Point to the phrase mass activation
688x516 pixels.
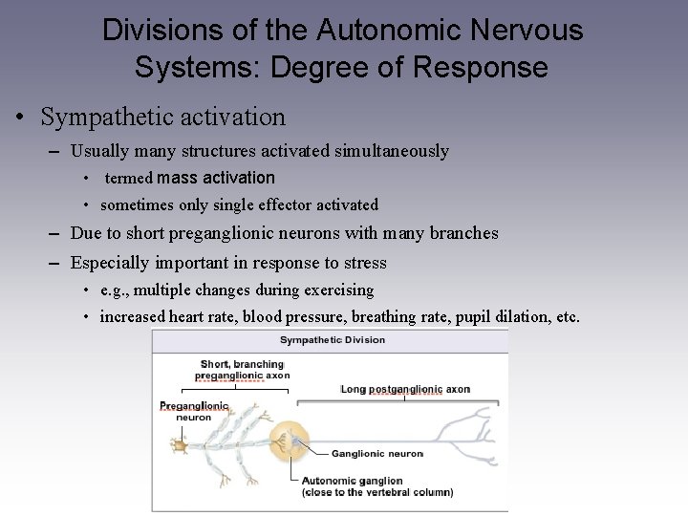point(215,178)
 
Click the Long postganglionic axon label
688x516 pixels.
point(406,390)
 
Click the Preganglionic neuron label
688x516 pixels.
point(194,411)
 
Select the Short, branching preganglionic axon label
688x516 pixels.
point(242,369)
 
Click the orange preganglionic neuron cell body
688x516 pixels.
point(179,445)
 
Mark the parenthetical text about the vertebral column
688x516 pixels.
point(376,493)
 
